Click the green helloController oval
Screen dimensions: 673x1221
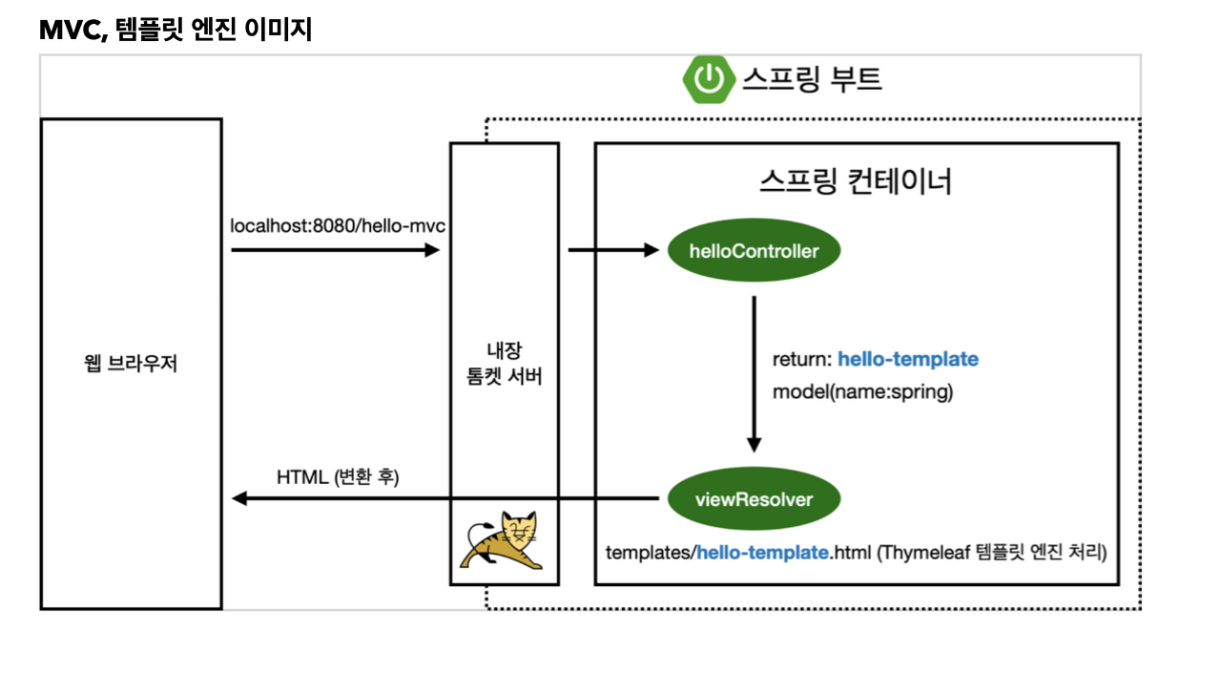point(754,251)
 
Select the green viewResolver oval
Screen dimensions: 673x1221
point(754,498)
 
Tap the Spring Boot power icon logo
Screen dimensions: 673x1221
point(709,78)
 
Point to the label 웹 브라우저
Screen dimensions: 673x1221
point(131,365)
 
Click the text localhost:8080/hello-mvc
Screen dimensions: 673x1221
point(338,226)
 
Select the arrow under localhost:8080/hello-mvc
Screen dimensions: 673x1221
point(335,250)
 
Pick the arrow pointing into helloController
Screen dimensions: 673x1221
point(613,250)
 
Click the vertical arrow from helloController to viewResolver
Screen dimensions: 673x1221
point(754,372)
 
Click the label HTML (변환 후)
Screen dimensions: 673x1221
point(338,476)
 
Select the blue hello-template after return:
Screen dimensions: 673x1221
point(908,360)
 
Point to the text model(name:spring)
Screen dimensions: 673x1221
point(862,391)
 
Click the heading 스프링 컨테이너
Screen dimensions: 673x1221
point(856,181)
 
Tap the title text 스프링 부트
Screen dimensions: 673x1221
point(811,78)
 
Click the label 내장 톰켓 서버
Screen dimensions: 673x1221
point(504,364)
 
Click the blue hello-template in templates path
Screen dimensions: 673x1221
point(762,552)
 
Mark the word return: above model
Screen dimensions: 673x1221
point(801,360)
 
